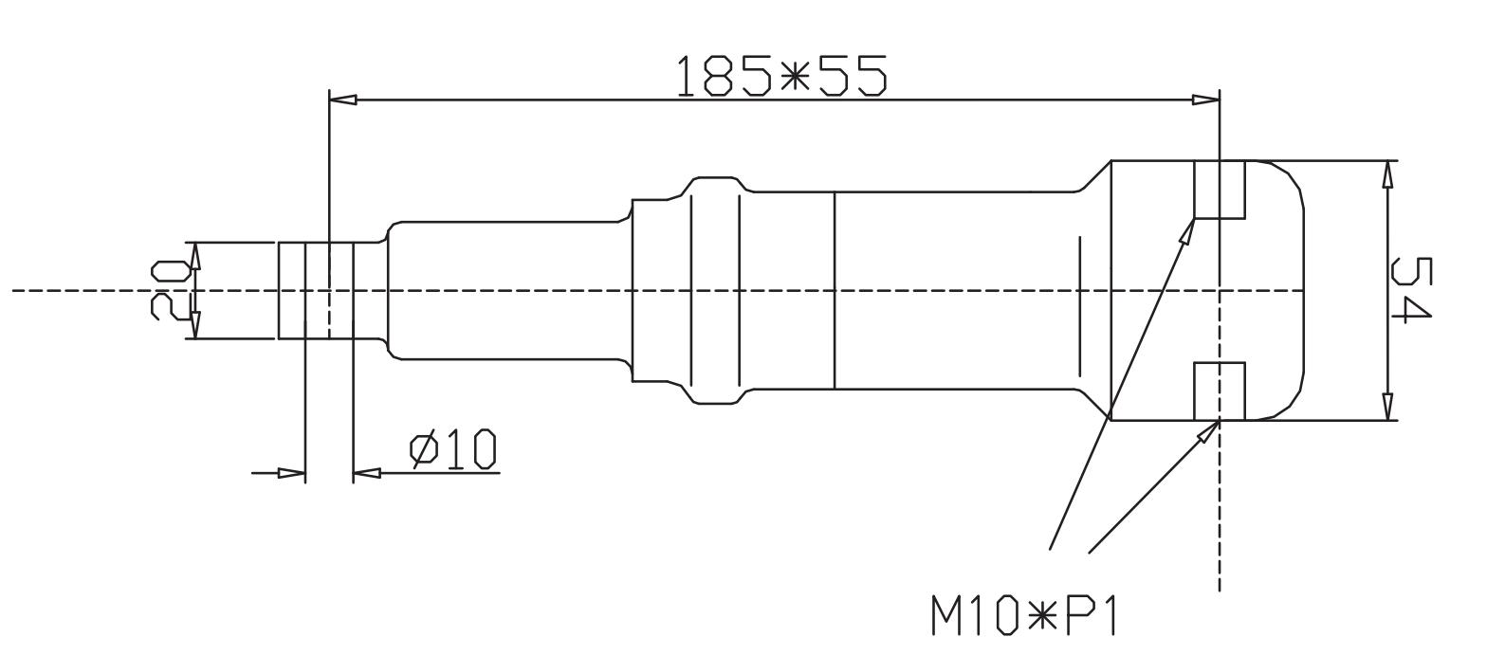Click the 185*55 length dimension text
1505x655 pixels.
click(781, 76)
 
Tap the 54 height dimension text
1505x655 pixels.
click(1412, 289)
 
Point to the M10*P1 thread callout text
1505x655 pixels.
click(1024, 614)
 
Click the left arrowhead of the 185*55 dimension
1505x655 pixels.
click(342, 100)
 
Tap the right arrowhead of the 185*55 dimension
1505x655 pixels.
click(1206, 100)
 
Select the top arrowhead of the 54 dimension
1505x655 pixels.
click(1388, 174)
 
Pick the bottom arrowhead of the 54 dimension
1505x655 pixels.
click(1388, 407)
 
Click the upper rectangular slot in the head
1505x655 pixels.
click(1220, 190)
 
